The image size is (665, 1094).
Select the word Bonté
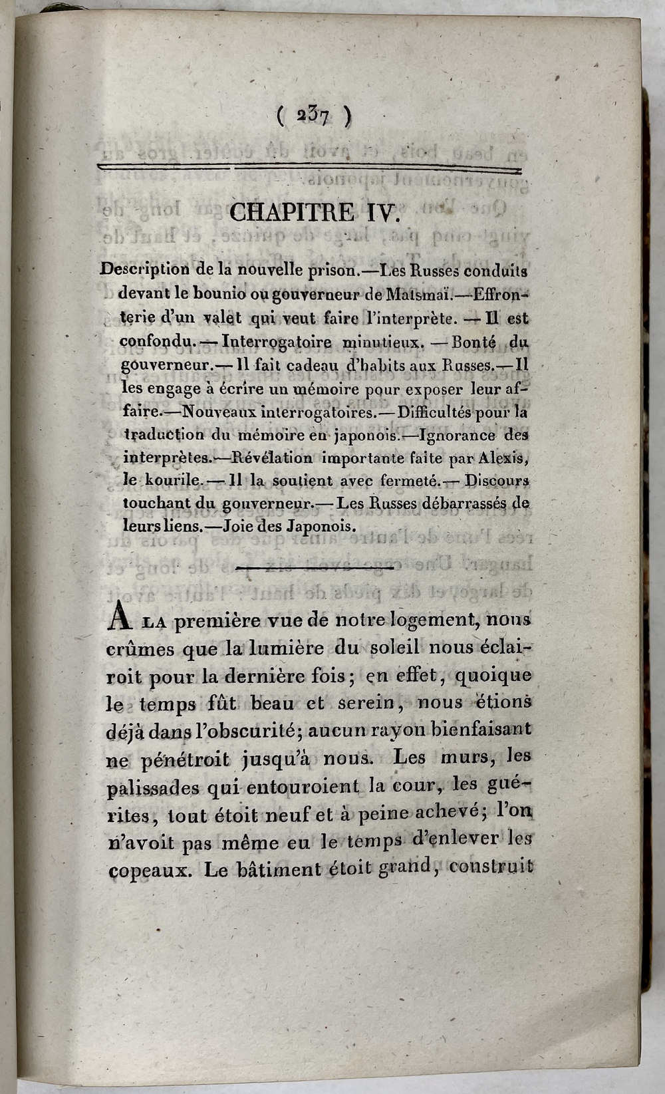tap(473, 342)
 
